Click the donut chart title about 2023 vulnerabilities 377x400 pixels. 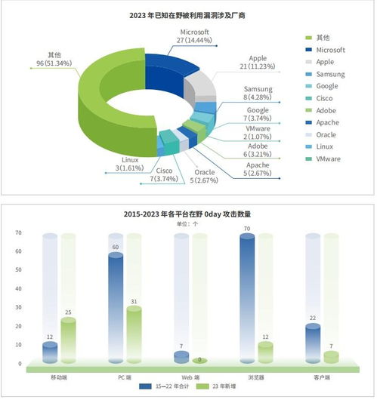point(188,15)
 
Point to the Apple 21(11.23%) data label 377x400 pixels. point(260,61)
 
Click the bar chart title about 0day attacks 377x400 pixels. point(187,214)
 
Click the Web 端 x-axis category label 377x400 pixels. point(190,377)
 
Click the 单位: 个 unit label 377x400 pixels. point(187,224)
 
